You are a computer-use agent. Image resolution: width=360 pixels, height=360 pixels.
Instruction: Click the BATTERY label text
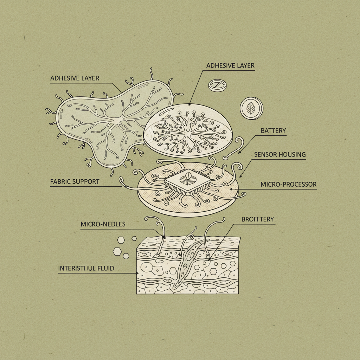[273, 131]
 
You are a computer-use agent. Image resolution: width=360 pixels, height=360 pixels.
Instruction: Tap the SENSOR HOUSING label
[280, 155]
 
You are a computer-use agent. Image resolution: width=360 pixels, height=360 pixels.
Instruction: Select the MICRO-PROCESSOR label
[289, 184]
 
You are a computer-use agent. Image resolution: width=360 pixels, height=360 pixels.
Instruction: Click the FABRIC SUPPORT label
[75, 182]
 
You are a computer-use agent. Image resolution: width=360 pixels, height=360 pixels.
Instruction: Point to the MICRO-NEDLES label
[103, 224]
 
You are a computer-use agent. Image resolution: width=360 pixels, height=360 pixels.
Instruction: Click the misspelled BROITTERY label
[258, 219]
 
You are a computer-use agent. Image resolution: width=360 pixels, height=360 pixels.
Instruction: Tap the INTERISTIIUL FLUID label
[86, 268]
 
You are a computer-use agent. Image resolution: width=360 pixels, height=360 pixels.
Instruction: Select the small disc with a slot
[217, 85]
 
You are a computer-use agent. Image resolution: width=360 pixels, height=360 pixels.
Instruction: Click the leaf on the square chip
[188, 179]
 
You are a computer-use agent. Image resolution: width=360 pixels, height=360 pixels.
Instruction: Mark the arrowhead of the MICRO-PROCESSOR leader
[231, 189]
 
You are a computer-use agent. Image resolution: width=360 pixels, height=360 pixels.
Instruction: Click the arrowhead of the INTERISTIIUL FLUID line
[137, 273]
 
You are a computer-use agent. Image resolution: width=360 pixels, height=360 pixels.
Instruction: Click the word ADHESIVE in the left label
[65, 78]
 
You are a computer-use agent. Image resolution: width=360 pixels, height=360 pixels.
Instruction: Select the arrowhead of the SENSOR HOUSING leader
[240, 176]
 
